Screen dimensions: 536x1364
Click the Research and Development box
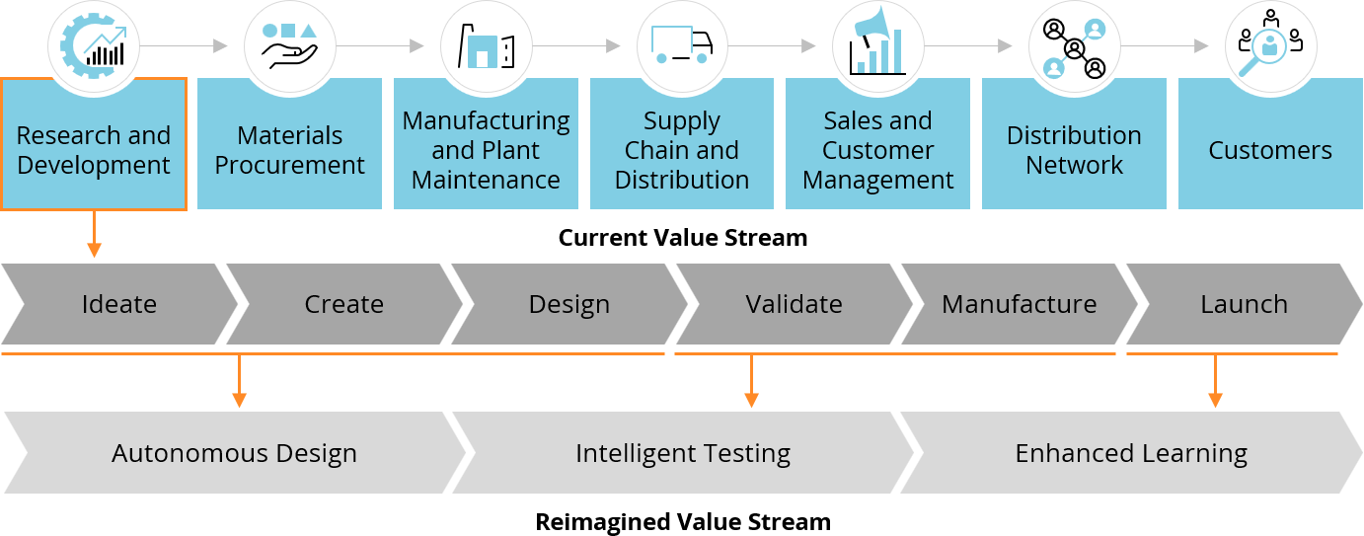pyautogui.click(x=94, y=148)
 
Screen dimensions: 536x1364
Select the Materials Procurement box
pyautogui.click(x=289, y=148)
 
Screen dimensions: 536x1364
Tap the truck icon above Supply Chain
pyautogui.click(x=682, y=45)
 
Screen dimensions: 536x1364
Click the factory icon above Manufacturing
pyautogui.click(x=486, y=45)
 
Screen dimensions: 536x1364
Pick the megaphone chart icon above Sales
pyautogui.click(x=877, y=45)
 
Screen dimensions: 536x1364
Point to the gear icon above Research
pyautogui.click(x=94, y=45)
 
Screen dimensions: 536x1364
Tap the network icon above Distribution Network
pyautogui.click(x=1074, y=45)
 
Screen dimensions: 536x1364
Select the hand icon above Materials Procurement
pyautogui.click(x=289, y=45)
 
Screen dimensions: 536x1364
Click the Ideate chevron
pyautogui.click(x=118, y=304)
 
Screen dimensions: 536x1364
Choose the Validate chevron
pyautogui.click(x=794, y=304)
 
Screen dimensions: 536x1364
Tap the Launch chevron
pyautogui.click(x=1244, y=304)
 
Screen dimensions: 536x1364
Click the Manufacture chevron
pyautogui.click(x=1019, y=304)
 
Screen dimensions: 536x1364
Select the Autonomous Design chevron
pyautogui.click(x=234, y=453)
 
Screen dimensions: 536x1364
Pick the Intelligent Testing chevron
pyautogui.click(x=683, y=453)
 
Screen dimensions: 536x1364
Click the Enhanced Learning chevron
pyautogui.click(x=1131, y=453)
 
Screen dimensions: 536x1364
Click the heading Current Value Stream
pyautogui.click(x=683, y=238)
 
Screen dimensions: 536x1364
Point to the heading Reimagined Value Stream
pyautogui.click(x=683, y=521)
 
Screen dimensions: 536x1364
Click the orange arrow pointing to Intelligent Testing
pyautogui.click(x=751, y=381)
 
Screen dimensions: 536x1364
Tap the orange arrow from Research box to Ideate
pyautogui.click(x=94, y=235)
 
